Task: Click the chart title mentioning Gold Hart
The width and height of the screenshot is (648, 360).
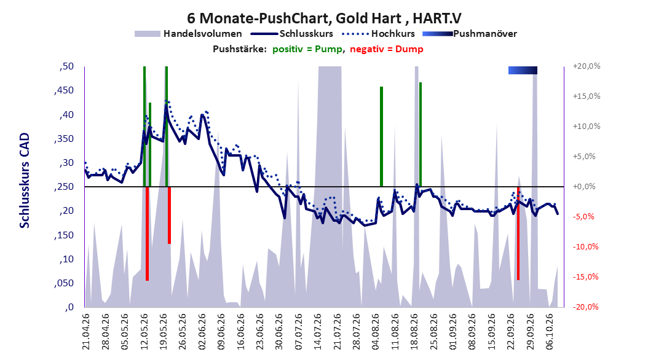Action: tap(324, 18)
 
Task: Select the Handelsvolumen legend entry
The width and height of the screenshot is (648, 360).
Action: tap(188, 34)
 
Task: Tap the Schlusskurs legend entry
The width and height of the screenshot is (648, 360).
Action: tap(292, 34)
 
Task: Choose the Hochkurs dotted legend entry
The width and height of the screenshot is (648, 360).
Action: tap(378, 34)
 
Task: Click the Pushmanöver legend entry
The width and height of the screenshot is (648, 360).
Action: tap(470, 34)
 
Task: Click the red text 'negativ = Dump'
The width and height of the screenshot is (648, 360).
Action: tap(387, 49)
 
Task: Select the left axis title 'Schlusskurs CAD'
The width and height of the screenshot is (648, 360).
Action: tap(25, 181)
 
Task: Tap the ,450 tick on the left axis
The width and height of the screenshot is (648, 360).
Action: tap(64, 90)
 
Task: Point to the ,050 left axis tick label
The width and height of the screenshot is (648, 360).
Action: tap(64, 283)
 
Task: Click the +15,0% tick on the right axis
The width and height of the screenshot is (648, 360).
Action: tap(587, 96)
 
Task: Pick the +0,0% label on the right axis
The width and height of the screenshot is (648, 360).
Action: tap(584, 187)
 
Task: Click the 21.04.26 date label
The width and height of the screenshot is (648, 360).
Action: tap(86, 332)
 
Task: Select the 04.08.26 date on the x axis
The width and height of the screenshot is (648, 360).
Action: tap(376, 332)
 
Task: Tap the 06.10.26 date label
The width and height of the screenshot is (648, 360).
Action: tap(550, 332)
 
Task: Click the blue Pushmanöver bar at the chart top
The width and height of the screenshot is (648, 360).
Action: tap(523, 71)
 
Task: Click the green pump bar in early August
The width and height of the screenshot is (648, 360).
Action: tap(381, 136)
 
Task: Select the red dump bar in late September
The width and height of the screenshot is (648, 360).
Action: tap(518, 233)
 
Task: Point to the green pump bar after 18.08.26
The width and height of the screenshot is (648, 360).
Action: tap(421, 135)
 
